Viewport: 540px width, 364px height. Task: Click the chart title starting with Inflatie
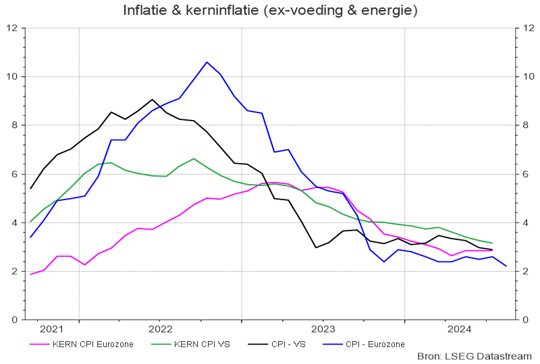(x=270, y=11)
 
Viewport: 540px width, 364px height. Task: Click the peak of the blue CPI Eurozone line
(x=207, y=62)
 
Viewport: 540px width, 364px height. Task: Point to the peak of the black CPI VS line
(x=153, y=100)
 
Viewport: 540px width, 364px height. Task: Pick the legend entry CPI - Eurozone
(x=375, y=344)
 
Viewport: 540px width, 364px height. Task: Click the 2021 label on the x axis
(x=51, y=329)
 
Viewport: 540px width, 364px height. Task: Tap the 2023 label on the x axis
(x=323, y=329)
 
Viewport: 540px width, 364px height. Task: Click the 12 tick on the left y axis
(x=11, y=28)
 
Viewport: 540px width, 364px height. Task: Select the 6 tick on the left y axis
(x=14, y=174)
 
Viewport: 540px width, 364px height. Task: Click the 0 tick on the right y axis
(x=523, y=320)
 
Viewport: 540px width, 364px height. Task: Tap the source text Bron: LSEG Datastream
(x=475, y=355)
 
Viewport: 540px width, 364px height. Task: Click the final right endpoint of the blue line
(x=506, y=266)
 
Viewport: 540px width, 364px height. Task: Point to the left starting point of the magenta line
(x=30, y=274)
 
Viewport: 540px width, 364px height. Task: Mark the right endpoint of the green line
(x=493, y=243)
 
